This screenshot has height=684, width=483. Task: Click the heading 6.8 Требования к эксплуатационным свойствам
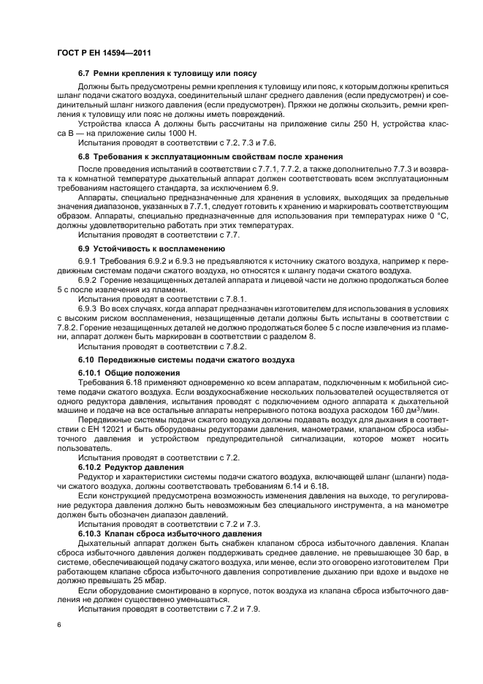point(210,156)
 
